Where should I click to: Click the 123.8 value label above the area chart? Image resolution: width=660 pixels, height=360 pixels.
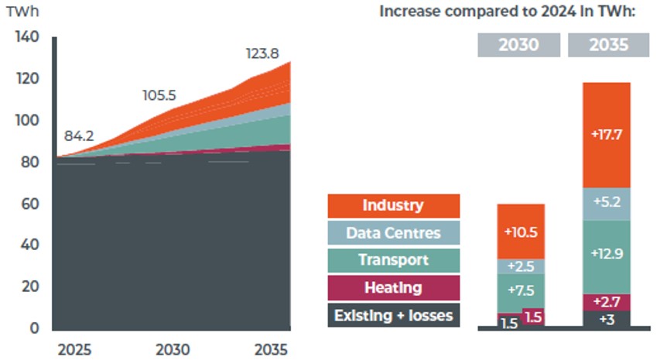tap(262, 54)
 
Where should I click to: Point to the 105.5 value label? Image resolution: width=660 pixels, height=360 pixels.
tap(159, 95)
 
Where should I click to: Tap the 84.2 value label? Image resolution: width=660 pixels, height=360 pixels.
tap(79, 135)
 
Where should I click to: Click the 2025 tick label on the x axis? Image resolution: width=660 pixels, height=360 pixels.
tap(74, 349)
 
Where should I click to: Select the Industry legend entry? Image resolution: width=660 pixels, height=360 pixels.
tap(393, 206)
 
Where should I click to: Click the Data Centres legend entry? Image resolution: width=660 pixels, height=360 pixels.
tap(393, 233)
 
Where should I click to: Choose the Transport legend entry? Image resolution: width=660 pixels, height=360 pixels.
tap(393, 260)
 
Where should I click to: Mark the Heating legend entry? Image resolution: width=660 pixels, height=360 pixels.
tap(393, 288)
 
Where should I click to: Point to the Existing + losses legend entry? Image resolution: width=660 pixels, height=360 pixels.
tap(393, 315)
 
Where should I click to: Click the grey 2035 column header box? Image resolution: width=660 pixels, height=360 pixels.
tap(608, 45)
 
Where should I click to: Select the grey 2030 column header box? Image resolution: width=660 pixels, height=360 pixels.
tap(518, 45)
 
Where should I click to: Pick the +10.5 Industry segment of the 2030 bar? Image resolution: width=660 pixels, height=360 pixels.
tap(522, 231)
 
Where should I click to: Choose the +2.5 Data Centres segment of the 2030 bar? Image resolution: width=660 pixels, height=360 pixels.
tap(522, 266)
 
